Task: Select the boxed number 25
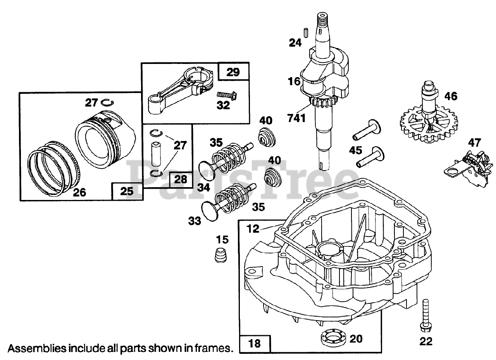pyautogui.click(x=127, y=191)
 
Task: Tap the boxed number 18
pyautogui.click(x=255, y=343)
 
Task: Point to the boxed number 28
pyautogui.click(x=181, y=179)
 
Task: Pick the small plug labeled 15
pyautogui.click(x=221, y=255)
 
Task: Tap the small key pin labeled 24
pyautogui.click(x=305, y=32)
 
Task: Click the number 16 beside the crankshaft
pyautogui.click(x=294, y=82)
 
